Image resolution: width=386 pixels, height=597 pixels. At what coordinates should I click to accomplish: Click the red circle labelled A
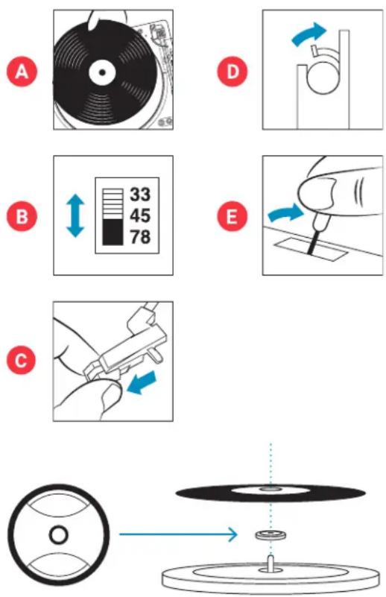tap(22, 72)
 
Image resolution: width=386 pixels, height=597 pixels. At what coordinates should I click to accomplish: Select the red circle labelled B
tap(22, 216)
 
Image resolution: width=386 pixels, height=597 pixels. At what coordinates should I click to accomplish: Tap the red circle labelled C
tap(22, 360)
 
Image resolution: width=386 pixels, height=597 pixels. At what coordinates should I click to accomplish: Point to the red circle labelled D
tap(232, 72)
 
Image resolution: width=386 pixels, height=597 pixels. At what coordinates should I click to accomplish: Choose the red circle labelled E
tap(232, 216)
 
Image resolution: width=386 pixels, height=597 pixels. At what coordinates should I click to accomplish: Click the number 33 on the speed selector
tap(140, 195)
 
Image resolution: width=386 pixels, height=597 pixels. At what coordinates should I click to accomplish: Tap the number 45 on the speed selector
tap(140, 215)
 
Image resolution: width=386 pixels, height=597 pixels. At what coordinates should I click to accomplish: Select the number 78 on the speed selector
tap(140, 237)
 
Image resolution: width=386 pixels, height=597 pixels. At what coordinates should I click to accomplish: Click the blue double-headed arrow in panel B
tap(75, 215)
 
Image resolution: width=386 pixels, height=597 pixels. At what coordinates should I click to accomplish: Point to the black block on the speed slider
tap(113, 232)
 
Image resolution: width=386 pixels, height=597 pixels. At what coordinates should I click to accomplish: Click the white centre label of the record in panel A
tap(102, 72)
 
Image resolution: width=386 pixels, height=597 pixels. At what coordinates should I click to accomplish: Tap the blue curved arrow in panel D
tap(309, 34)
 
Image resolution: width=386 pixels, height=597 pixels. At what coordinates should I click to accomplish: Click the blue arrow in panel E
tap(285, 213)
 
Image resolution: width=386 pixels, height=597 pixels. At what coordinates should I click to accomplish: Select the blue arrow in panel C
tap(142, 382)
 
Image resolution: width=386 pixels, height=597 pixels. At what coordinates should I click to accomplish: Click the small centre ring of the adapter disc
tap(59, 534)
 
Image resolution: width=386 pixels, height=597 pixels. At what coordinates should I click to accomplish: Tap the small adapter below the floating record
tap(270, 535)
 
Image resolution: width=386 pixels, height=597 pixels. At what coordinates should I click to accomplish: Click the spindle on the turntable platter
tap(270, 563)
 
